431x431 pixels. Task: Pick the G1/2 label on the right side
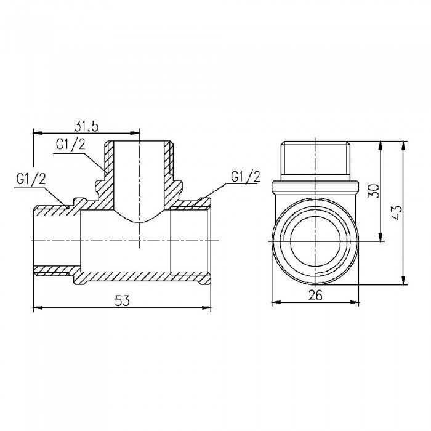(x=246, y=177)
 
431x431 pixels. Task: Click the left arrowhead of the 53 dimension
(x=35, y=307)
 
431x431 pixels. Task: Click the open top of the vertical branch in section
(x=140, y=144)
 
